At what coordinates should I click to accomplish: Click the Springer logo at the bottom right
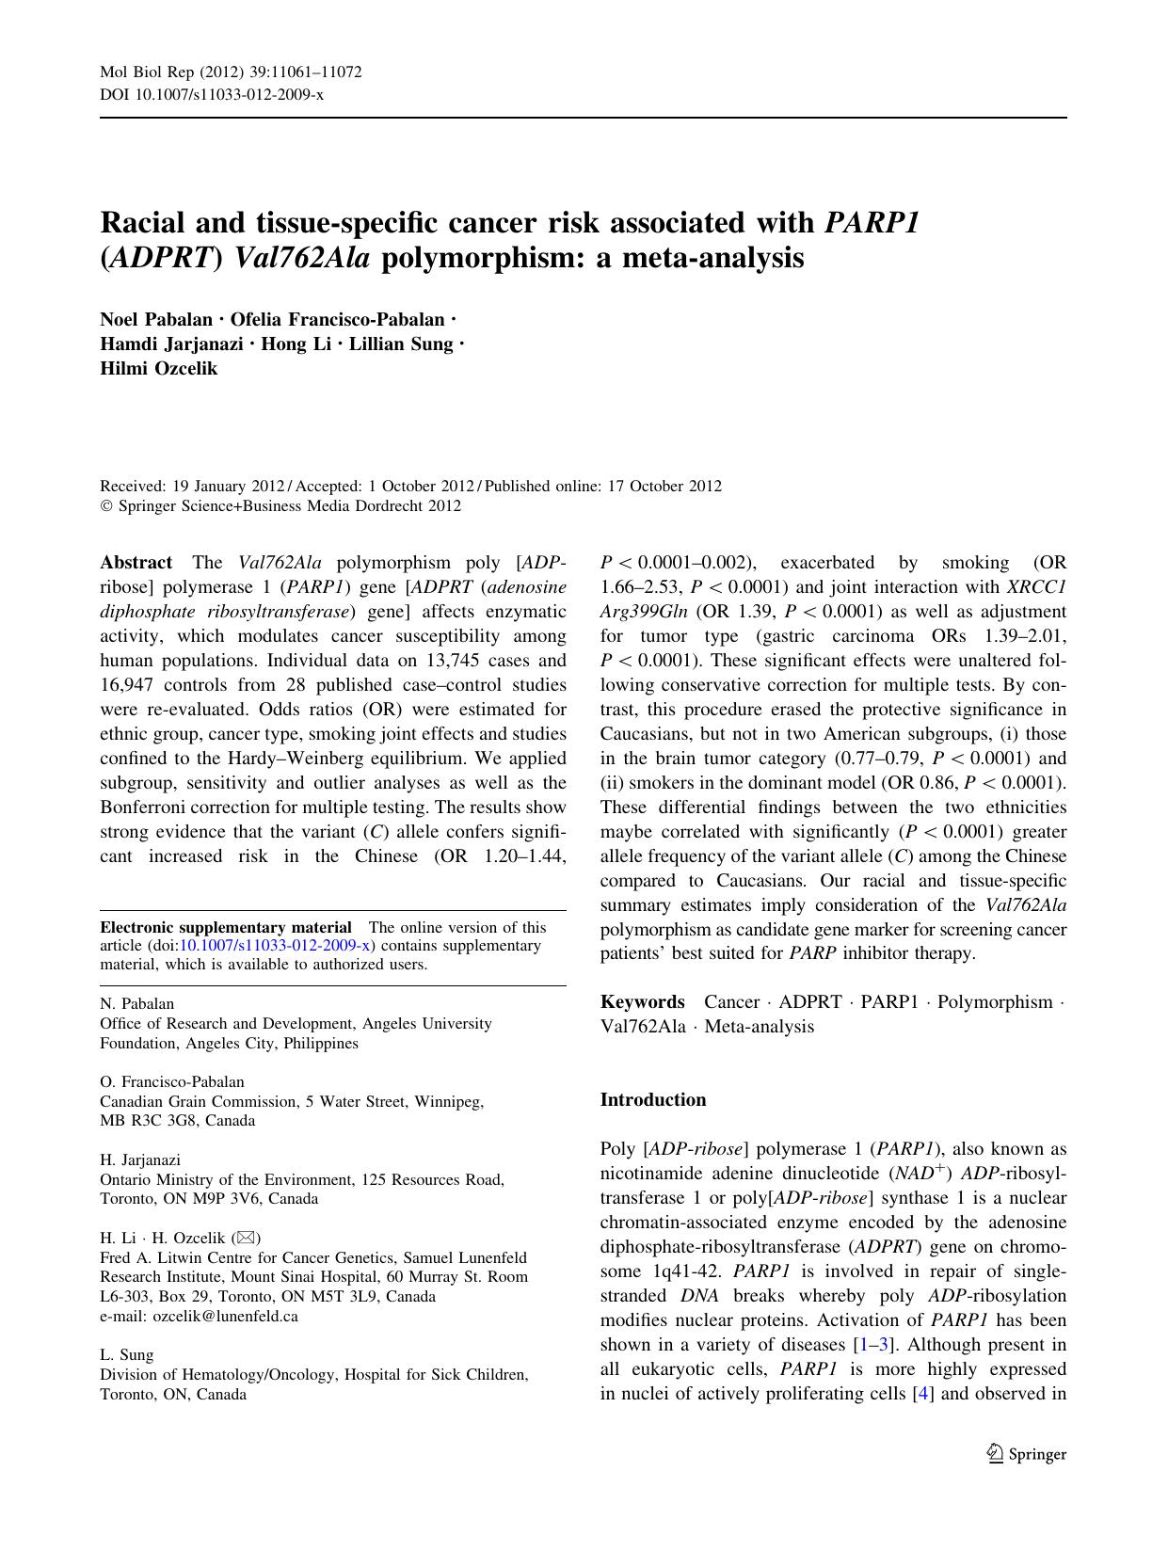(x=1027, y=1454)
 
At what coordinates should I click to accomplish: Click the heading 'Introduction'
(x=652, y=1099)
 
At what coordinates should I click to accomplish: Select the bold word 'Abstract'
(x=136, y=562)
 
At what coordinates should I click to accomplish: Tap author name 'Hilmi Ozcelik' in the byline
(x=158, y=368)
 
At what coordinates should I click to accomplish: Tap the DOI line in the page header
(x=211, y=94)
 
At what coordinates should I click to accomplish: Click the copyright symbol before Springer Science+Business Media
(x=106, y=506)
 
